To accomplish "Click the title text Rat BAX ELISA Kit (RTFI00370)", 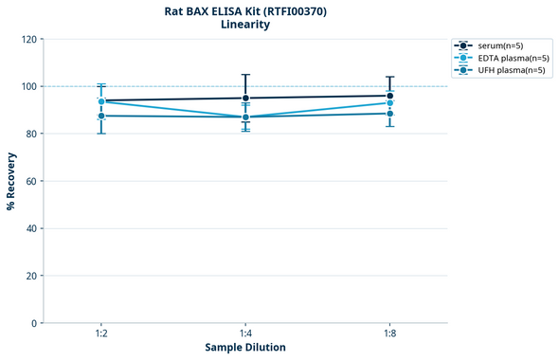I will coord(245,10).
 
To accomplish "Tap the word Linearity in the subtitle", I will coord(245,25).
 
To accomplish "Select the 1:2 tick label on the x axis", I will coord(101,334).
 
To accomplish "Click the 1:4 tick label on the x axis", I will coord(245,334).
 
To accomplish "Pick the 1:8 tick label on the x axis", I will coord(389,334).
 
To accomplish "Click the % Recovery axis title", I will coord(11,181).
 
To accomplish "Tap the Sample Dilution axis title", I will coord(245,348).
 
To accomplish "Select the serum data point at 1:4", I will coord(245,98).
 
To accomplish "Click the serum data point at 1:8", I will coord(389,96).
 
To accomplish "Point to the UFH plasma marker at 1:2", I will coord(101,116).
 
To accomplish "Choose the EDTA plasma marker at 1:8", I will coord(389,102).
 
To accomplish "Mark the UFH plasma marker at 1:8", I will coord(389,114).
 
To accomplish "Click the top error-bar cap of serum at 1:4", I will coord(245,75).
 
